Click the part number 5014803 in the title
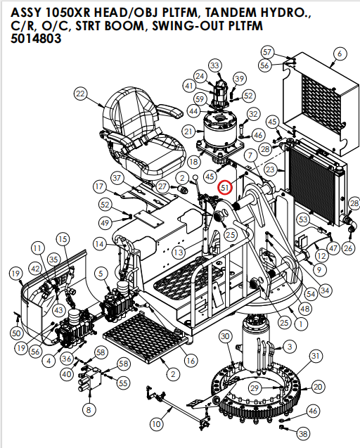pyautogui.click(x=36, y=39)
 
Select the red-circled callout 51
pyautogui.click(x=225, y=188)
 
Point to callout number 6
pyautogui.click(x=340, y=53)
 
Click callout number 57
pyautogui.click(x=267, y=52)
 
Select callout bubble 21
pyautogui.click(x=188, y=132)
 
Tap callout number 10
pyautogui.click(x=156, y=423)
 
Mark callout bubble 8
pyautogui.click(x=88, y=409)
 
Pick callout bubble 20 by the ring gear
pyautogui.click(x=318, y=387)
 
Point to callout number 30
pyautogui.click(x=225, y=338)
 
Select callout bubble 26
pyautogui.click(x=347, y=248)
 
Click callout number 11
pyautogui.click(x=37, y=248)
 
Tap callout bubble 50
pyautogui.click(x=16, y=332)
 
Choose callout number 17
pyautogui.click(x=100, y=187)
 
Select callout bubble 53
pyautogui.click(x=303, y=219)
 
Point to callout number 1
pyautogui.click(x=300, y=324)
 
